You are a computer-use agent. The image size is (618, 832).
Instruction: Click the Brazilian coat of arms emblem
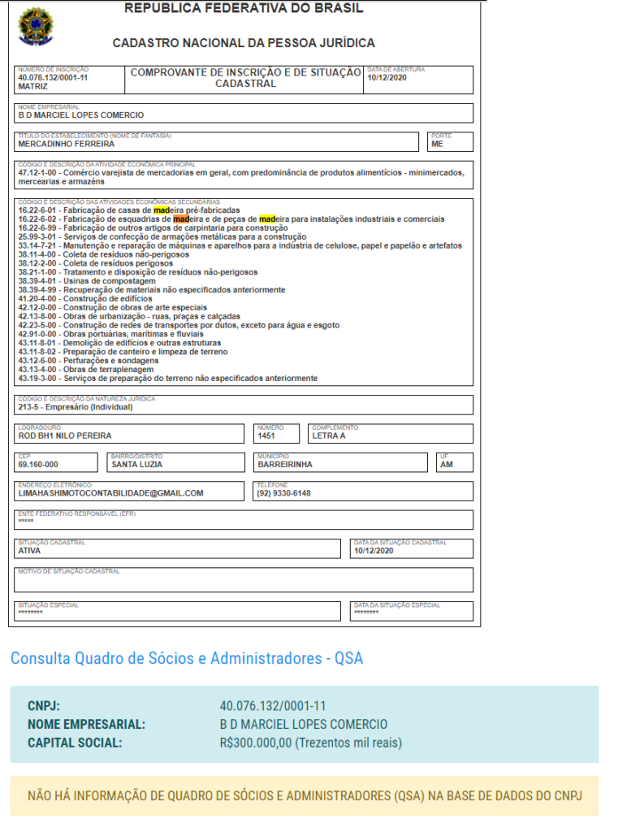pos(33,26)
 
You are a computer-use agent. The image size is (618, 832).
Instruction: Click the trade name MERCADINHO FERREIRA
pos(66,145)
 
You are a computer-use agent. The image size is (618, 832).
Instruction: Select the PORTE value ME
pos(437,145)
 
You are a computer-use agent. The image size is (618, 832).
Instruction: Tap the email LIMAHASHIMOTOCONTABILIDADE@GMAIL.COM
pos(110,493)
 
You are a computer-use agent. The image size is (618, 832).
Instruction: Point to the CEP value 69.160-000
pos(38,465)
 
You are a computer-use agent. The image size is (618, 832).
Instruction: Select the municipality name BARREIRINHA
pos(285,465)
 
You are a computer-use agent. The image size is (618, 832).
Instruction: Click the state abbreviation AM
pos(446,465)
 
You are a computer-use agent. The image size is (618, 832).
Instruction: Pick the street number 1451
pos(266,436)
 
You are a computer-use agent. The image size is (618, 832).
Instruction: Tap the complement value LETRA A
pos(329,436)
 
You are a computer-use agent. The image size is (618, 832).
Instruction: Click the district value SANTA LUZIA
pos(137,465)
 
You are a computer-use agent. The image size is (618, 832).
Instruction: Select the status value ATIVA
pos(29,551)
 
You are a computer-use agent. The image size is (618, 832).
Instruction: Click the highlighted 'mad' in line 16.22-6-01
pos(161,210)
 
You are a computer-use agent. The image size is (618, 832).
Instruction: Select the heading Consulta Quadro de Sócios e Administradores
pos(186,658)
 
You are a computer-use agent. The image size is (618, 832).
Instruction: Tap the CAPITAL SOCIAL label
pos(75,743)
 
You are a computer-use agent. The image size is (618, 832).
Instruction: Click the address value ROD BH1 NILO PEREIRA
pos(65,436)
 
